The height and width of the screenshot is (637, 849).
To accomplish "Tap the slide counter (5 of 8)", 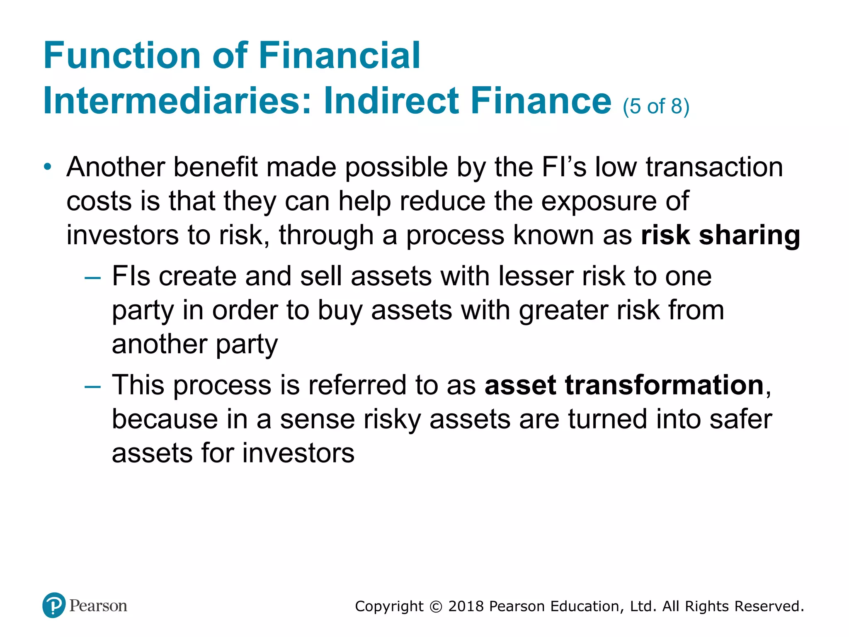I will tap(656, 106).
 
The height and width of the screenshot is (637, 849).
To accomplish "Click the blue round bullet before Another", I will tap(48, 167).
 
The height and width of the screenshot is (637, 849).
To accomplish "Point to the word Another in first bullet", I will tap(115, 167).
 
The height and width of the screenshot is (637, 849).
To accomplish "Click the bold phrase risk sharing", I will tap(720, 235).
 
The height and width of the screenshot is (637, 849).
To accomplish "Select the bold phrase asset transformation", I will tap(624, 385).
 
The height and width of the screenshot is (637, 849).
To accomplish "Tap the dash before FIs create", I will tap(92, 277).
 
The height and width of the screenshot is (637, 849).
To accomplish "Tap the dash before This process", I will tap(92, 387).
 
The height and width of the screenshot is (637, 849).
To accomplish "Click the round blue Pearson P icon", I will tap(54, 605).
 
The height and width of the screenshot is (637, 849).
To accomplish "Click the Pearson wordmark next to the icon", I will tap(98, 606).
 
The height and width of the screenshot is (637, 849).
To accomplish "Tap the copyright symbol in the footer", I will tap(436, 607).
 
